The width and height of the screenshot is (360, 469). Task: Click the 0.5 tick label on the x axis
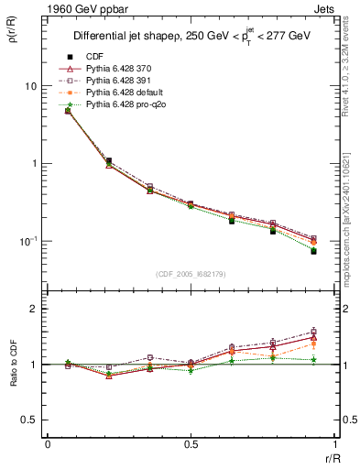[191, 444]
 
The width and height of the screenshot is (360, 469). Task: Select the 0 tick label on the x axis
[48, 444]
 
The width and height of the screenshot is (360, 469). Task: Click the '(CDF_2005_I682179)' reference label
[191, 274]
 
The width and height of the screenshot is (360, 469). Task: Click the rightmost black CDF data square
[313, 251]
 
